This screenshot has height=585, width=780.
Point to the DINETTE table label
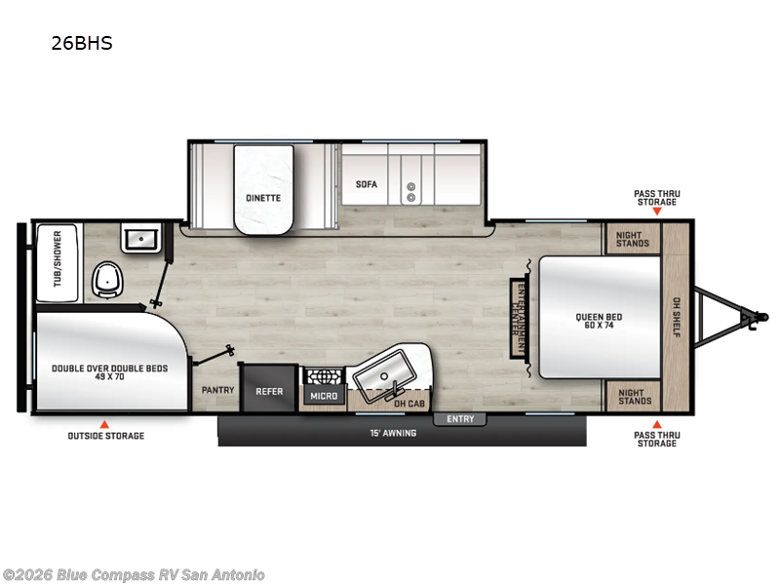(263, 198)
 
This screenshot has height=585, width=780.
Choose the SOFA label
(366, 184)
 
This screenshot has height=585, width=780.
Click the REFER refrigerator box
(269, 392)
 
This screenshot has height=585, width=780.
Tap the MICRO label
(324, 397)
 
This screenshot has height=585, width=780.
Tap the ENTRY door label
(460, 419)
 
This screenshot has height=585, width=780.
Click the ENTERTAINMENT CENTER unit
(520, 318)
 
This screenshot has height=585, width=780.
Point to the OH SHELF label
(677, 318)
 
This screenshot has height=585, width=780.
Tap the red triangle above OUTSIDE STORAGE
(105, 424)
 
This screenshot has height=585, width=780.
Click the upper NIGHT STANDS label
(634, 239)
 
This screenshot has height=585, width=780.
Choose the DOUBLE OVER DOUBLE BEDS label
(110, 372)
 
